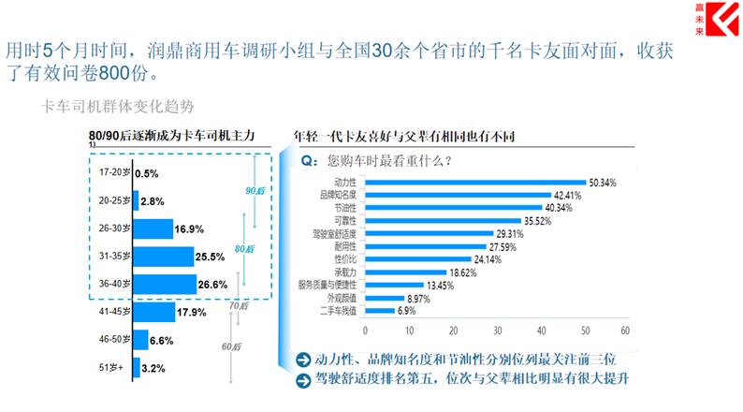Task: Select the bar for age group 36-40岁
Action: (163, 284)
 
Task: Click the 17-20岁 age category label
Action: (112, 173)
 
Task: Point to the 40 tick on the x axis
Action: (540, 331)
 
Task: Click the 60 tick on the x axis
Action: (624, 331)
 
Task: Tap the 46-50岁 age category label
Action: (112, 340)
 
